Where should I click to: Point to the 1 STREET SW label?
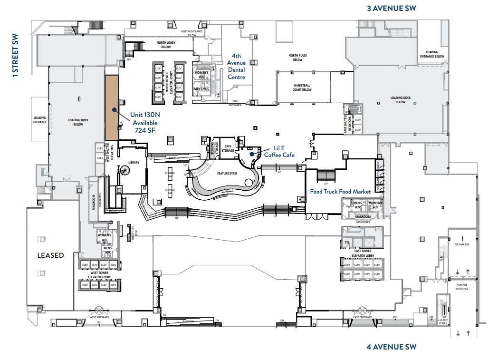15,55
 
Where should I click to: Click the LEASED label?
50,255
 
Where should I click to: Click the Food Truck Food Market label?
340,191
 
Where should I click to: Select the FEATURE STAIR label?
227,174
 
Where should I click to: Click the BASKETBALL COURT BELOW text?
302,88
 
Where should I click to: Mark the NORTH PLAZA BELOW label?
298,58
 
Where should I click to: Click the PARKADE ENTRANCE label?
461,287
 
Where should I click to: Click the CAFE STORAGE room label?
228,148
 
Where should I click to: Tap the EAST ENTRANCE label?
362,317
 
